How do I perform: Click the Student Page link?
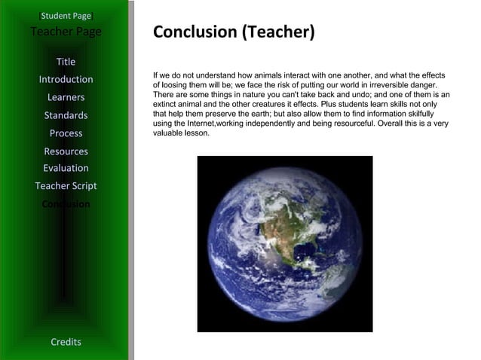click(x=66, y=15)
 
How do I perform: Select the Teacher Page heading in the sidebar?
click(x=66, y=32)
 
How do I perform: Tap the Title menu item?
click(x=66, y=62)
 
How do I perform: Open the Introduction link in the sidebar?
click(x=66, y=79)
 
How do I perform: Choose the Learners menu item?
click(x=66, y=97)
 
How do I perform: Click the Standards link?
click(x=66, y=115)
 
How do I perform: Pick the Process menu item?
click(x=66, y=133)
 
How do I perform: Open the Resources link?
click(x=66, y=151)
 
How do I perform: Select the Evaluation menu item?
click(x=66, y=168)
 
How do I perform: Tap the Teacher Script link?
click(x=66, y=186)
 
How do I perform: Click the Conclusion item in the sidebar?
click(x=66, y=204)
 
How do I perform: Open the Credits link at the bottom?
click(x=66, y=342)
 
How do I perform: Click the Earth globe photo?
click(x=284, y=243)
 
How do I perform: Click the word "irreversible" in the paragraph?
click(x=381, y=85)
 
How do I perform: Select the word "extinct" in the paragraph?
click(x=166, y=105)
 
